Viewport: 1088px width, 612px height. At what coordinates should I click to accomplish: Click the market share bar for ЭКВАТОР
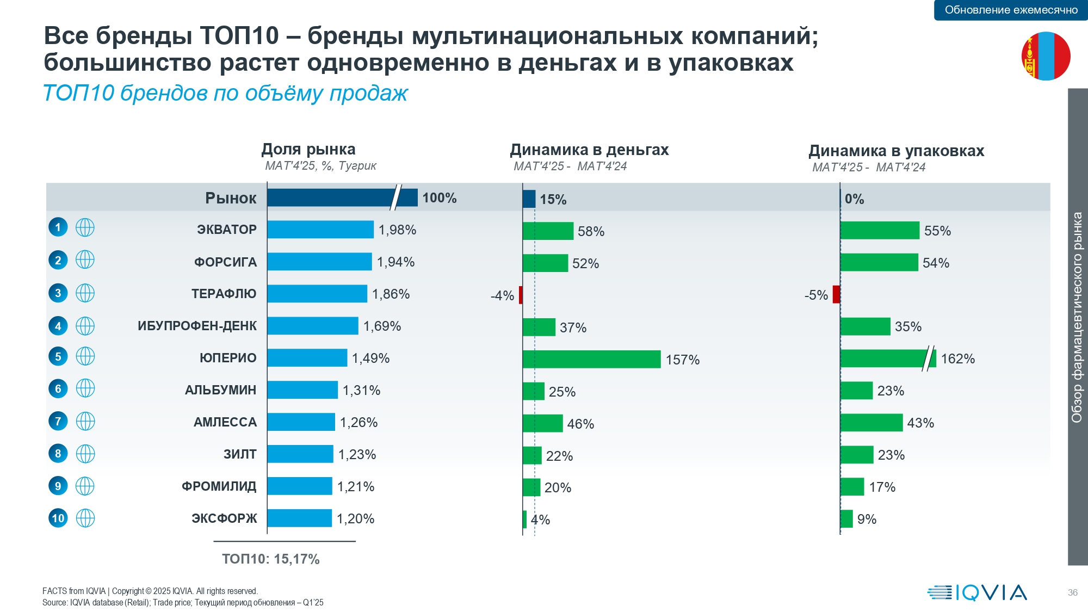[x=320, y=230]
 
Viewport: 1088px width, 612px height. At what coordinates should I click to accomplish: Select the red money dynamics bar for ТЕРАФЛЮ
[x=521, y=295]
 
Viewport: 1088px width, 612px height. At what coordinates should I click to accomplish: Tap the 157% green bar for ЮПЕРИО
[x=591, y=359]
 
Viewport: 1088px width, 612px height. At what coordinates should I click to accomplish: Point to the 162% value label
[x=957, y=359]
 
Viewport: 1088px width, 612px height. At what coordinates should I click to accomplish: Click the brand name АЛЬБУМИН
[x=220, y=390]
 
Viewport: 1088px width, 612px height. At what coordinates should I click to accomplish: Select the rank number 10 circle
[x=58, y=518]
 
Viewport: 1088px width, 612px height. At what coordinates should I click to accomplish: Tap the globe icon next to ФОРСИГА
[x=85, y=260]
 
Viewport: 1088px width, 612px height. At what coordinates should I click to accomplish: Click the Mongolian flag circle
[x=1046, y=56]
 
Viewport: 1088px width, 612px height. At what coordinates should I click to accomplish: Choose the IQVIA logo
[x=977, y=592]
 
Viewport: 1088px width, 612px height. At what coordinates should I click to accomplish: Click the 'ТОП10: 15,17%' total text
[x=270, y=559]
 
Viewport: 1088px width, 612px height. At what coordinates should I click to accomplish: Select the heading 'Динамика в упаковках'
[x=896, y=151]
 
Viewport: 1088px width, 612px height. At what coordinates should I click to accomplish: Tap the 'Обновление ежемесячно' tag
[x=1011, y=10]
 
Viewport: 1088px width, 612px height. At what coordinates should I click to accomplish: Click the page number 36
[x=1072, y=592]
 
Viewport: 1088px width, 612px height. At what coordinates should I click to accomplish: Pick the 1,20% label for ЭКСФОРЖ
[x=355, y=519]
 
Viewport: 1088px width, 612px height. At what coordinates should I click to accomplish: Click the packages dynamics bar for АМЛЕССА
[x=871, y=423]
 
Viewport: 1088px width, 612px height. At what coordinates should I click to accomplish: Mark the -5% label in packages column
[x=816, y=295]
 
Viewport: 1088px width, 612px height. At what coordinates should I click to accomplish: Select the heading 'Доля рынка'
[x=308, y=149]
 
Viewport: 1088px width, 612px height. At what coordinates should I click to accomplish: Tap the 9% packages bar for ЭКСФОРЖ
[x=846, y=519]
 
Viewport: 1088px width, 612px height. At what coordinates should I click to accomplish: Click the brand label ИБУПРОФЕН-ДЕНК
[x=197, y=326]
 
